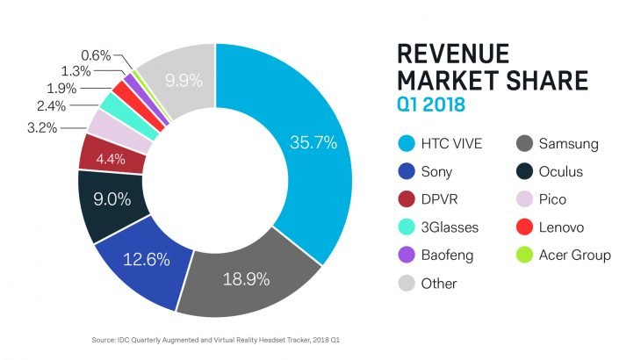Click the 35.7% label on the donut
313,141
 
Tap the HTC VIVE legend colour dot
407,143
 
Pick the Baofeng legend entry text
448,256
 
